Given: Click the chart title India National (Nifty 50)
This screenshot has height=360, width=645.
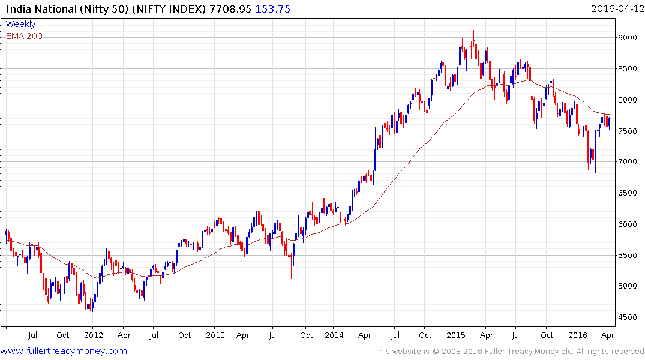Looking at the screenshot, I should pos(69,9).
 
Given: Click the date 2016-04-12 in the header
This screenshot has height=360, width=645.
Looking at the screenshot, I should pos(617,9).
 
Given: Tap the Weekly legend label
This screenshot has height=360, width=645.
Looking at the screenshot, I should pos(20,24).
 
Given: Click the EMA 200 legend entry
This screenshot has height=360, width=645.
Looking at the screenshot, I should pos(24,36).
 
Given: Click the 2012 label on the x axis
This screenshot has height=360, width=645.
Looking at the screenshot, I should pos(93,335).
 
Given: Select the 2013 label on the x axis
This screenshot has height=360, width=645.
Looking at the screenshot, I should pos(214,335).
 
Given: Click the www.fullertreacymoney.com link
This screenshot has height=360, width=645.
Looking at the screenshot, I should pos(64,351).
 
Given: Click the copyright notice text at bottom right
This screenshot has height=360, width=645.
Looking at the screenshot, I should pos(510,351).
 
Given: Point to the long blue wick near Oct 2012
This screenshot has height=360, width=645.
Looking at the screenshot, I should pos(184,276).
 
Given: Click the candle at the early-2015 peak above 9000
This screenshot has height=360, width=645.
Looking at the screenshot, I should pos(473,42).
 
